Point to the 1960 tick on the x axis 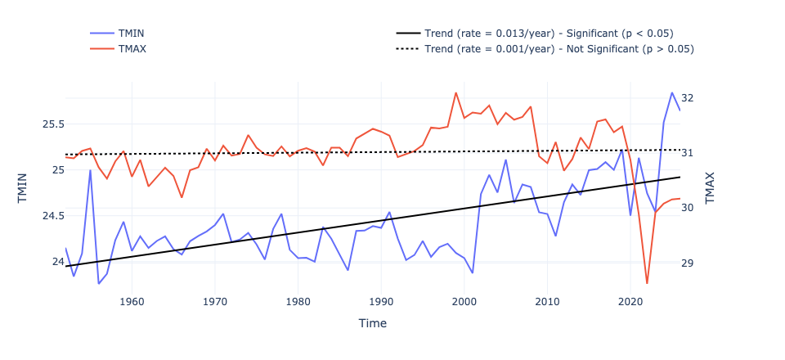click(132, 303)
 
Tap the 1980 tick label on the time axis click(298, 303)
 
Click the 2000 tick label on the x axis click(464, 303)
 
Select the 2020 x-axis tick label click(630, 303)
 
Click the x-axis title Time click(372, 323)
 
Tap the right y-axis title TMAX click(710, 187)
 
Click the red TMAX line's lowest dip click(647, 283)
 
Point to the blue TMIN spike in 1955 click(90, 170)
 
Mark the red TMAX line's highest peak click(455, 92)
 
